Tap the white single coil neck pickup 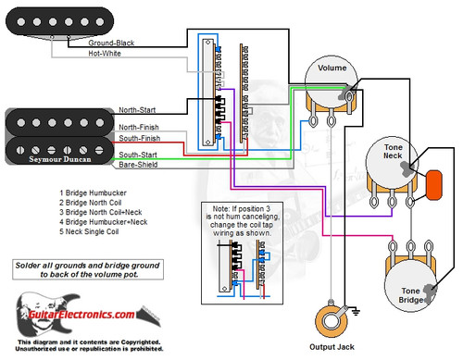(x=45, y=29)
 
